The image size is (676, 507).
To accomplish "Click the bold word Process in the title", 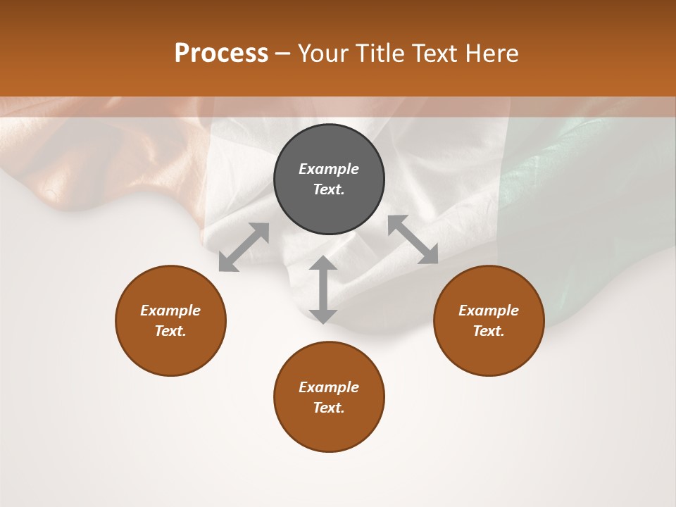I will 221,54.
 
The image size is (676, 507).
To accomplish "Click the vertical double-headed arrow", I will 323,289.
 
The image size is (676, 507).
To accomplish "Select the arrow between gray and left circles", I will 244,247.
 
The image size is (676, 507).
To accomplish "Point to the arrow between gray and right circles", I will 413,240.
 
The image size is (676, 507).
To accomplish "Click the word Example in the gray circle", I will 329,169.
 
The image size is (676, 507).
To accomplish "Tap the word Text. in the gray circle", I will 329,189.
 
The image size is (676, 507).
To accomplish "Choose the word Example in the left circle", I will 170,311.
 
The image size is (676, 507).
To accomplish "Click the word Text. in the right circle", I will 489,331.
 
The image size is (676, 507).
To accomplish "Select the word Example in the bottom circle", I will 329,387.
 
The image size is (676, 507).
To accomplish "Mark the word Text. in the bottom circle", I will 329,408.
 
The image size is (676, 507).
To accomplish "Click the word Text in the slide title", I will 432,54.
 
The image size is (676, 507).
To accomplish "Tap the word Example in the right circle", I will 489,311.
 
